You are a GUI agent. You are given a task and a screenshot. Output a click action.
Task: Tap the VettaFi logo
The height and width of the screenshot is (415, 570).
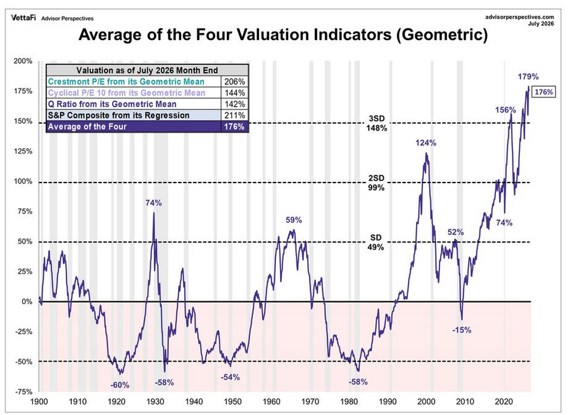(23, 18)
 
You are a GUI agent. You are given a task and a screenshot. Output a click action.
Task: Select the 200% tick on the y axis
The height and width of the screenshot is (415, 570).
(23, 61)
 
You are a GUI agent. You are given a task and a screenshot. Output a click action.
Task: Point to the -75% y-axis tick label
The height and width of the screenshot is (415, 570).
(23, 392)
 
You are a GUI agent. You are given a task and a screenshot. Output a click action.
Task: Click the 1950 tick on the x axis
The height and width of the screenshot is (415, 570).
(232, 402)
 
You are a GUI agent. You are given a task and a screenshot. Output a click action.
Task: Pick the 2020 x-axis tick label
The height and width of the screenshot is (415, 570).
(504, 402)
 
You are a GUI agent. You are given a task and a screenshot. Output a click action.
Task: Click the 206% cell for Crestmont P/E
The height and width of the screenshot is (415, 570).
(235, 82)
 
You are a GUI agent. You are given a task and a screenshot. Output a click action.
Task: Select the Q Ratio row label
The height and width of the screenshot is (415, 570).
(112, 104)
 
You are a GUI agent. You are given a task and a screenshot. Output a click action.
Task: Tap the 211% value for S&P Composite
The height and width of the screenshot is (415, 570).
(235, 115)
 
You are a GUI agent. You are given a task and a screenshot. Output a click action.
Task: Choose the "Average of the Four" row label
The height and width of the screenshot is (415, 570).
(87, 127)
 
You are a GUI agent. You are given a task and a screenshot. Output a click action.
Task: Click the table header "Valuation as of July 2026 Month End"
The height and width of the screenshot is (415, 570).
(147, 70)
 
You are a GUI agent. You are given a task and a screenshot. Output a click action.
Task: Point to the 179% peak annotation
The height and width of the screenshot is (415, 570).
(528, 77)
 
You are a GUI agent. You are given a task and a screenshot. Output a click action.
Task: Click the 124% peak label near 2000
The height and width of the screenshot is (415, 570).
(426, 143)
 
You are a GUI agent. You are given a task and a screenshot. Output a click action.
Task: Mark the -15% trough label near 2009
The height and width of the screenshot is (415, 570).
(462, 330)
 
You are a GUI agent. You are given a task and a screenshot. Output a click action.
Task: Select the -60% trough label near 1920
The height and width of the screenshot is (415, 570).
(120, 385)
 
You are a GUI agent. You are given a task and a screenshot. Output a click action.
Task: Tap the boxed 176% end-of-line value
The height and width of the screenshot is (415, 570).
(544, 92)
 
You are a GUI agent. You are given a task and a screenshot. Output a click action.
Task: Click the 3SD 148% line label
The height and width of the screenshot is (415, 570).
(377, 124)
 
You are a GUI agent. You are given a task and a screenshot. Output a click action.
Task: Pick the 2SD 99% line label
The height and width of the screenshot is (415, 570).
(376, 183)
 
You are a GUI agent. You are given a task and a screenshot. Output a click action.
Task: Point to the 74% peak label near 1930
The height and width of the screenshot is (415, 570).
(154, 203)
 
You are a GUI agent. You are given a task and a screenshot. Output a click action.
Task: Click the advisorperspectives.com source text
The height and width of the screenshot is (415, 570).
(519, 16)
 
